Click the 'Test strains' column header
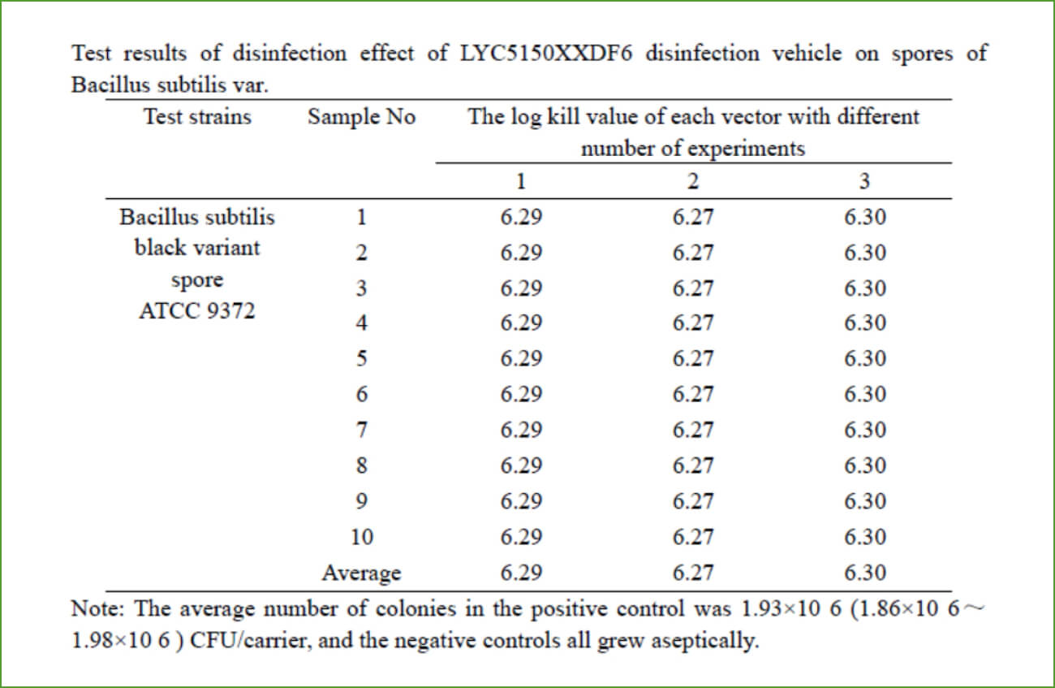point(198,117)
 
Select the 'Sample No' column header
point(361,117)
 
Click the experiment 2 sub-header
point(692,181)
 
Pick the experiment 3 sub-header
point(864,181)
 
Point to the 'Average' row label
point(361,573)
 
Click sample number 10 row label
point(361,537)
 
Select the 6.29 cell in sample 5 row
point(521,358)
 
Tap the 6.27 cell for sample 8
point(692,465)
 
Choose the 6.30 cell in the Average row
point(864,573)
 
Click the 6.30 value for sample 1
point(864,217)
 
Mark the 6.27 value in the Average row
point(692,573)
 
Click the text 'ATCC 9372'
point(197,311)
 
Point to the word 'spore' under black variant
point(197,280)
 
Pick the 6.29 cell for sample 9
point(521,501)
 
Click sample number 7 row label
point(361,430)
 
